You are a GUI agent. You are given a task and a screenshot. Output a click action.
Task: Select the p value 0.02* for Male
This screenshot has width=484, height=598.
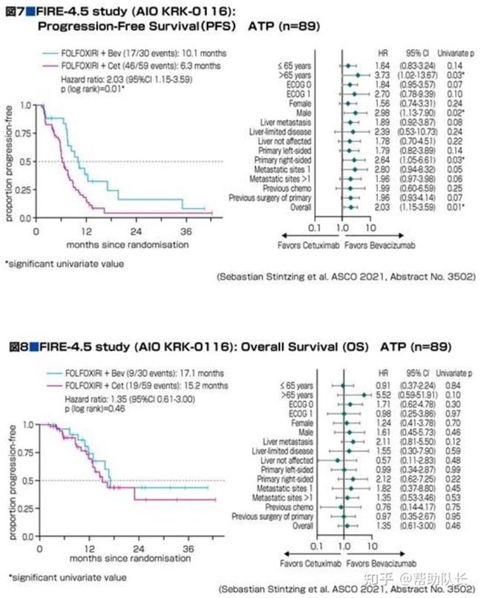[x=455, y=112]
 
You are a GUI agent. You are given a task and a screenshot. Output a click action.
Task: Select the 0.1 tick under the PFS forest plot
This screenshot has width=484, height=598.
[x=315, y=229]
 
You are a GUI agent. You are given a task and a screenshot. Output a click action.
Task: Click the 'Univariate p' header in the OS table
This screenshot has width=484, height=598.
[x=455, y=373]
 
